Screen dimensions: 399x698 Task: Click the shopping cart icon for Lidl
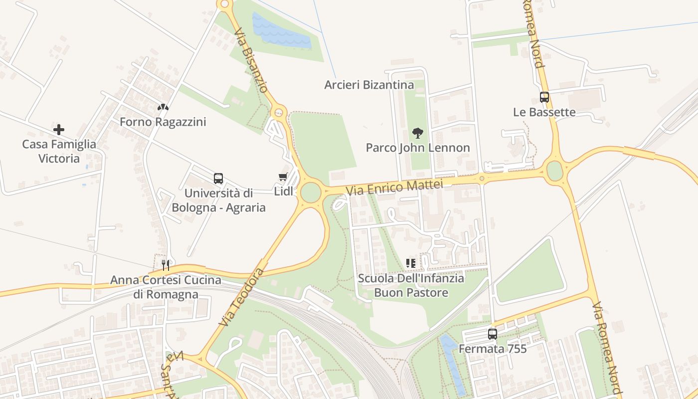(x=283, y=177)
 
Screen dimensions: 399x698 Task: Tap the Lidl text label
(x=283, y=192)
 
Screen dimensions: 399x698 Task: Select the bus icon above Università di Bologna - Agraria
(x=218, y=178)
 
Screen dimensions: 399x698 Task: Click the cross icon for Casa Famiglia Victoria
(x=59, y=130)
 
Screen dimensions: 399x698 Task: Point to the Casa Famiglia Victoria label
(x=59, y=151)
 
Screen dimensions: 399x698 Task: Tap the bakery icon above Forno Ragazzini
(x=163, y=107)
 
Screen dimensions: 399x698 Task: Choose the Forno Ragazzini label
(x=163, y=122)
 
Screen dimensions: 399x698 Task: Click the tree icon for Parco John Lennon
(x=418, y=133)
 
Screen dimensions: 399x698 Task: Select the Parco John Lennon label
(x=418, y=148)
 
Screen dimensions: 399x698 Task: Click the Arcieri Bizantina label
(x=369, y=85)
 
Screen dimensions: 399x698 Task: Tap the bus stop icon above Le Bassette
(x=544, y=97)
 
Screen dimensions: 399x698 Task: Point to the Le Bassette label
(x=544, y=112)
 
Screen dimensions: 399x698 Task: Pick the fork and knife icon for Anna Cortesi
(x=166, y=264)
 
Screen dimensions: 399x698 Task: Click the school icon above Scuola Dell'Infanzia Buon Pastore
(x=411, y=263)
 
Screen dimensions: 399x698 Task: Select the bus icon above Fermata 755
(x=493, y=334)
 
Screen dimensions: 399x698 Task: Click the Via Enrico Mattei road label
(x=394, y=188)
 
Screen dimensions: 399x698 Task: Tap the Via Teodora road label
(x=241, y=297)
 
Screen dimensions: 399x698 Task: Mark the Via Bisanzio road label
(x=251, y=59)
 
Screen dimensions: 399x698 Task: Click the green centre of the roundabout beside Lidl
(x=311, y=193)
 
